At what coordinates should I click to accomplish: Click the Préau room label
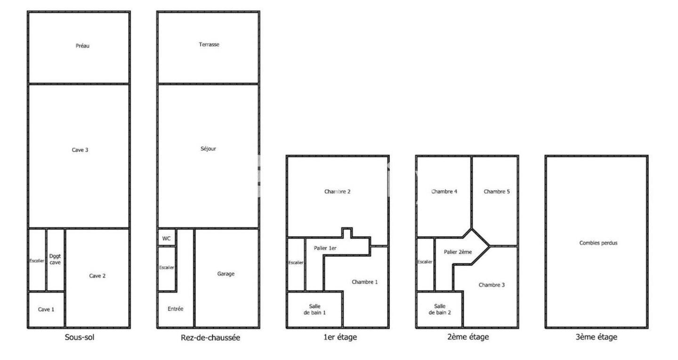click(x=82, y=46)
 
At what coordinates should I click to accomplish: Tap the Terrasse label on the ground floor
click(x=209, y=44)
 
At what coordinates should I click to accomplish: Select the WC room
click(x=167, y=238)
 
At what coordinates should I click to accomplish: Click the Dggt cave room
click(x=55, y=260)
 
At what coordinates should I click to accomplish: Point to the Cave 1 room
click(x=46, y=309)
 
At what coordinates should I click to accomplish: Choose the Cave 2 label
click(x=97, y=276)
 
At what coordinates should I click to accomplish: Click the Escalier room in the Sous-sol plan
click(x=37, y=260)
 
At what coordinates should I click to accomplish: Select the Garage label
click(x=226, y=274)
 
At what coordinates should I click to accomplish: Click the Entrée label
click(x=176, y=309)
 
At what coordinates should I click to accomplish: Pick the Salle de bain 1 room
click(x=315, y=310)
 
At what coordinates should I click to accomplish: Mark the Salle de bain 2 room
click(x=439, y=310)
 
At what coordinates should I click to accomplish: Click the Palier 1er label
click(x=325, y=248)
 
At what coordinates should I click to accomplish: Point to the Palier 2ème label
click(x=458, y=252)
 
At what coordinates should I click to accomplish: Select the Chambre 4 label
click(x=444, y=192)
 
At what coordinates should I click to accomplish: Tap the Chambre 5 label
click(x=497, y=192)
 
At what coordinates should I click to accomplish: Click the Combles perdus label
click(x=598, y=243)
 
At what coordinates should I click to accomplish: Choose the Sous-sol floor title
click(x=80, y=337)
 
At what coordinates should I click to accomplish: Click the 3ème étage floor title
click(x=596, y=337)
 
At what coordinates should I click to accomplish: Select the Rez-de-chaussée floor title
click(x=210, y=337)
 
